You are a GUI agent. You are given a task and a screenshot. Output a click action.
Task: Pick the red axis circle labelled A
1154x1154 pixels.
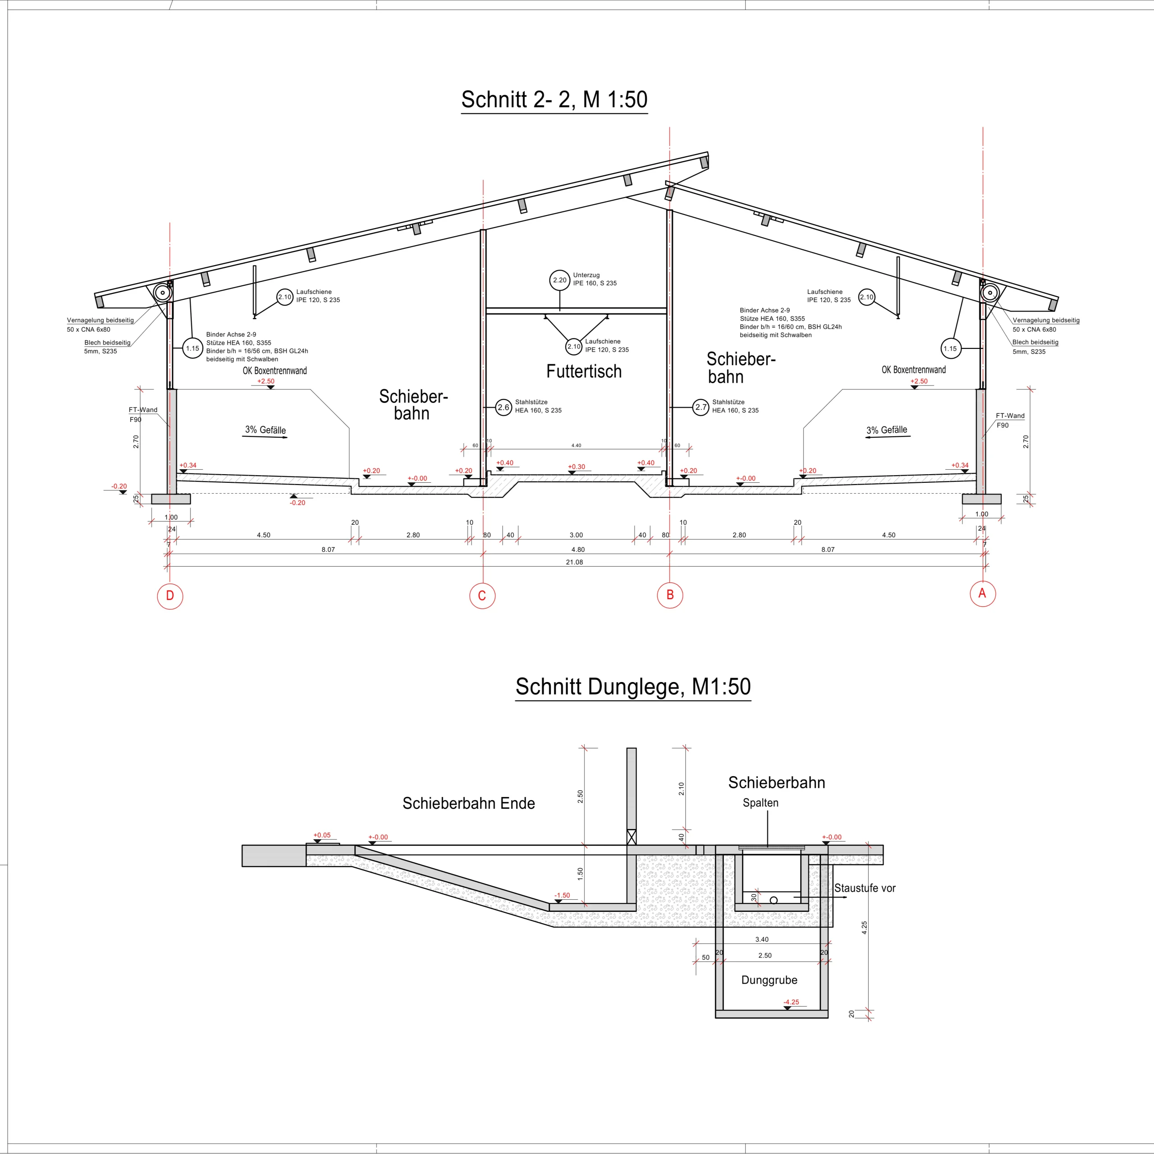(983, 594)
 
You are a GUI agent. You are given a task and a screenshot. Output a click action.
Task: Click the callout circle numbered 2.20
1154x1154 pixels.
(560, 280)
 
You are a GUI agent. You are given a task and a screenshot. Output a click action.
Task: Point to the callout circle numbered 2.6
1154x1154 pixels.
(504, 408)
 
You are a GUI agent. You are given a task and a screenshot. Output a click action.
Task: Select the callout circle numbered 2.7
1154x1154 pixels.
(701, 408)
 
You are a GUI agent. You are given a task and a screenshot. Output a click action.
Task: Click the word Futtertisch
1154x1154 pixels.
(584, 371)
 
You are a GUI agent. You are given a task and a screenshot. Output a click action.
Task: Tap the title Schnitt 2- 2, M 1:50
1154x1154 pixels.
(554, 99)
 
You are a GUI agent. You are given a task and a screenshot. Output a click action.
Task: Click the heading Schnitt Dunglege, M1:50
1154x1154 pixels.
(633, 687)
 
